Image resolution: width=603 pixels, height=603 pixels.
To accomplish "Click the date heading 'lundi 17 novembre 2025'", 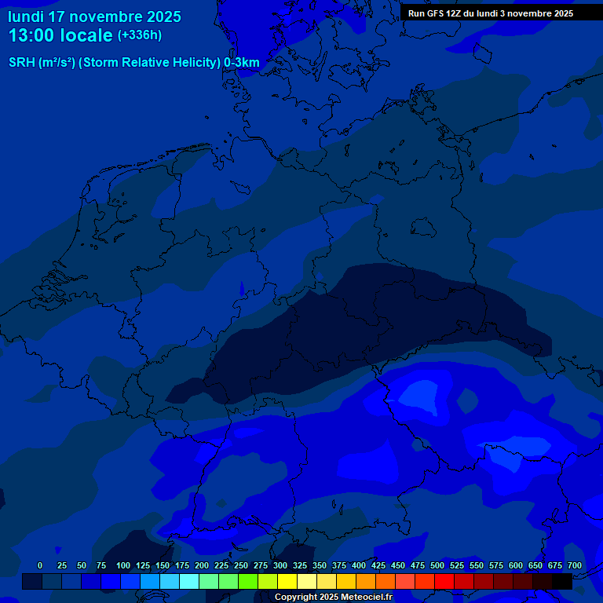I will pos(94,16).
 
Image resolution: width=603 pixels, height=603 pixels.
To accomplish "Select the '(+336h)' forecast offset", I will pos(140,35).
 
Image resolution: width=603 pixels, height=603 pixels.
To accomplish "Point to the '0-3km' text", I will pos(242,63).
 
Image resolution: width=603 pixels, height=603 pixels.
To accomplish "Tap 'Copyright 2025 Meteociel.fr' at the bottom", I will pos(333,597).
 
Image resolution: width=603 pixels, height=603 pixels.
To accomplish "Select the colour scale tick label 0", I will pos(40,565).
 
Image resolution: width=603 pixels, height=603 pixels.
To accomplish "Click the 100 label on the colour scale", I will pos(123,565).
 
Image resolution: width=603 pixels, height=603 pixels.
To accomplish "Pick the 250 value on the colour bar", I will pos(241,565).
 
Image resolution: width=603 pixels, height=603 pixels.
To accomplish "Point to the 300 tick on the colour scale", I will pos(280,565).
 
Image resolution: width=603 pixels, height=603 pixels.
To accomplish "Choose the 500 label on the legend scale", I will pos(437,565).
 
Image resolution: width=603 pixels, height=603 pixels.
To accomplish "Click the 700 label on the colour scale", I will pos(575,565).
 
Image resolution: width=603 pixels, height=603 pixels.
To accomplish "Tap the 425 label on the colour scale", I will pos(378,565).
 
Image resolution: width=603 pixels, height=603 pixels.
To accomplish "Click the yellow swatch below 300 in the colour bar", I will pos(287,581).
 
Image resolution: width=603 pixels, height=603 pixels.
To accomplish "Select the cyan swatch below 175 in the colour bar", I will pos(189,581).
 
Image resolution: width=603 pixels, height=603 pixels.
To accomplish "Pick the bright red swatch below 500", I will pos(444,581).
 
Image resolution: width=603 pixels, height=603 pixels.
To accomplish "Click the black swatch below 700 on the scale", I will pos(562,581).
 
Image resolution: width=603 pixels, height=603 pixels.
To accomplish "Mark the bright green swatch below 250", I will pos(248,581).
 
